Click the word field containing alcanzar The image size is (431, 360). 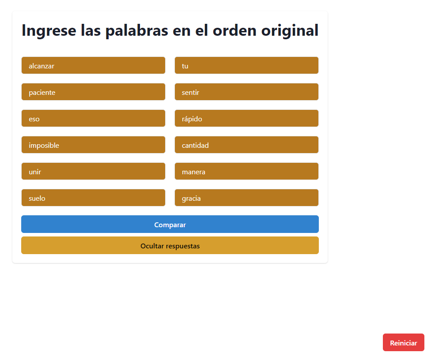point(93,65)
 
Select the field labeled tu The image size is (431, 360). point(246,65)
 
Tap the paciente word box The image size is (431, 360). point(93,92)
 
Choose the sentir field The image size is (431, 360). point(246,92)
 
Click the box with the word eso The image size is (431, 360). point(93,118)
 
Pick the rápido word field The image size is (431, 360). point(246,118)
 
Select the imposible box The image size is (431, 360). point(93,145)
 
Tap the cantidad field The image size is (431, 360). point(246,145)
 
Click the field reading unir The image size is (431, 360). point(93,171)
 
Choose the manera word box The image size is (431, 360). point(246,171)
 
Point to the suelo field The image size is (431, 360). point(93,198)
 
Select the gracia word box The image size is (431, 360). point(246,198)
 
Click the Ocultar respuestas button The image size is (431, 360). point(170,245)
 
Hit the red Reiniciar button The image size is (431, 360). point(404,342)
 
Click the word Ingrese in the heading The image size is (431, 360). point(49,31)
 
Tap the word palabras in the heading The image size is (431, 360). point(136,31)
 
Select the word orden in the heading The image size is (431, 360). point(234,30)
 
